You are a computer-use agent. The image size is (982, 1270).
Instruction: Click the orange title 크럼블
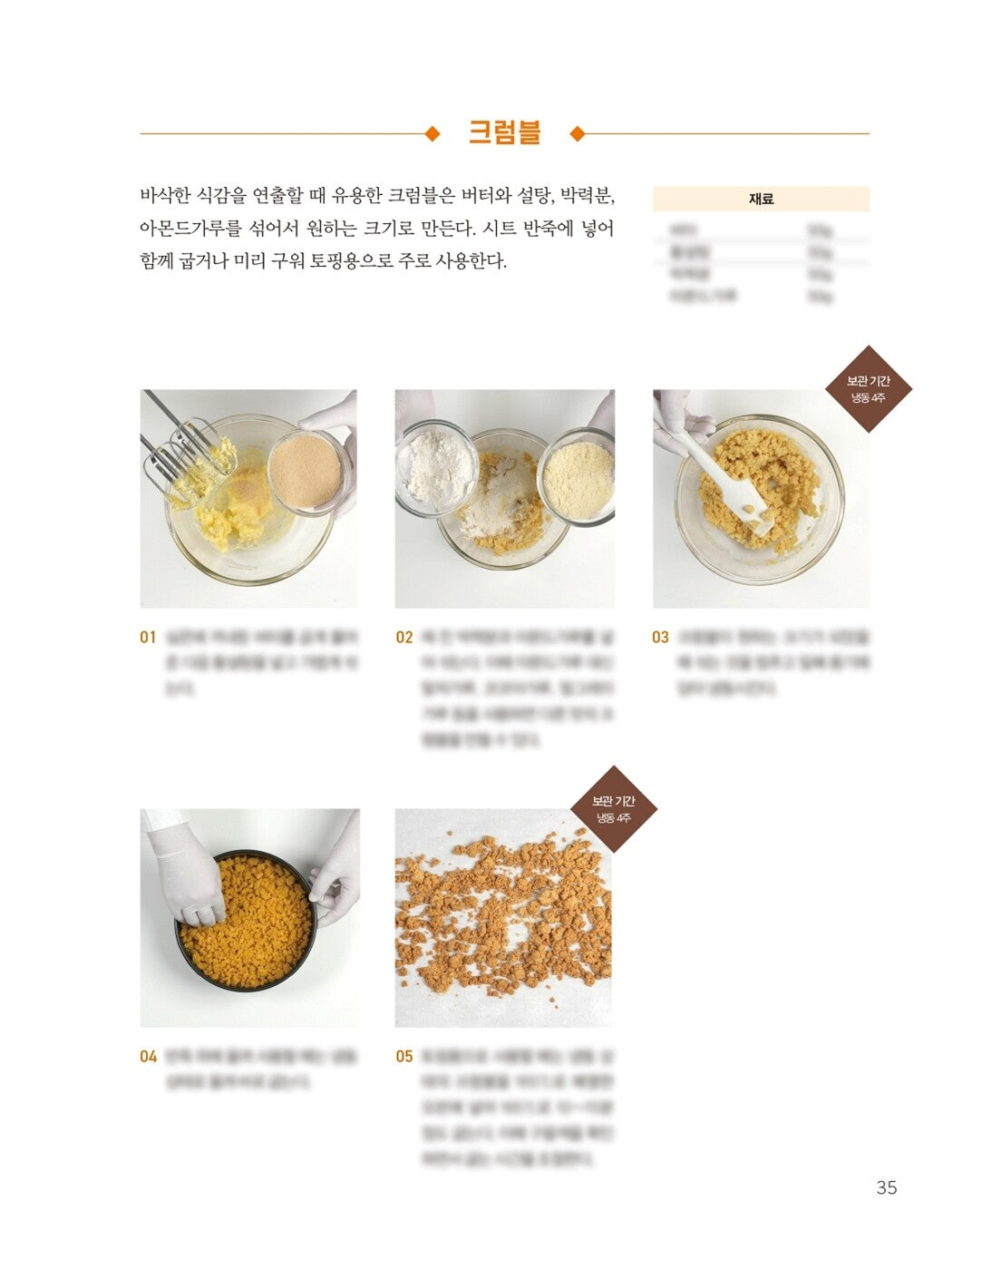(504, 132)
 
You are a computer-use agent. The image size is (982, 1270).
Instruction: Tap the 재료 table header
(761, 199)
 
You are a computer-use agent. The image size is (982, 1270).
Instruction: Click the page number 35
(886, 1187)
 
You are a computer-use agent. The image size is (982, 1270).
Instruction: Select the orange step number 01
(148, 637)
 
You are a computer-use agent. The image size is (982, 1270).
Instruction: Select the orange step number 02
(403, 637)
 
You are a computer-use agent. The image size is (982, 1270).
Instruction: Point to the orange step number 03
(660, 637)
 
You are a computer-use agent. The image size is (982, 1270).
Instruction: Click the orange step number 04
(148, 1056)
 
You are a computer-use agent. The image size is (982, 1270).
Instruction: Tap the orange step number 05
(403, 1056)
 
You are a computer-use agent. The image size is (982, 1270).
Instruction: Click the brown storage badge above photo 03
(868, 388)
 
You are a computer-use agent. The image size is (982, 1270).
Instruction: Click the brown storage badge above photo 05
(613, 808)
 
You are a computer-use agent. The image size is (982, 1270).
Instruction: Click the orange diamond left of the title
(433, 134)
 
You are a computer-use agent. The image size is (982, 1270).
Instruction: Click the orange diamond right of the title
(577, 134)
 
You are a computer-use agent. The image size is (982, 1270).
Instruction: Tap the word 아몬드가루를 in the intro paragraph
(186, 229)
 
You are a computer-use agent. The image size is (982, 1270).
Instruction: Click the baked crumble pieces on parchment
(503, 916)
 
